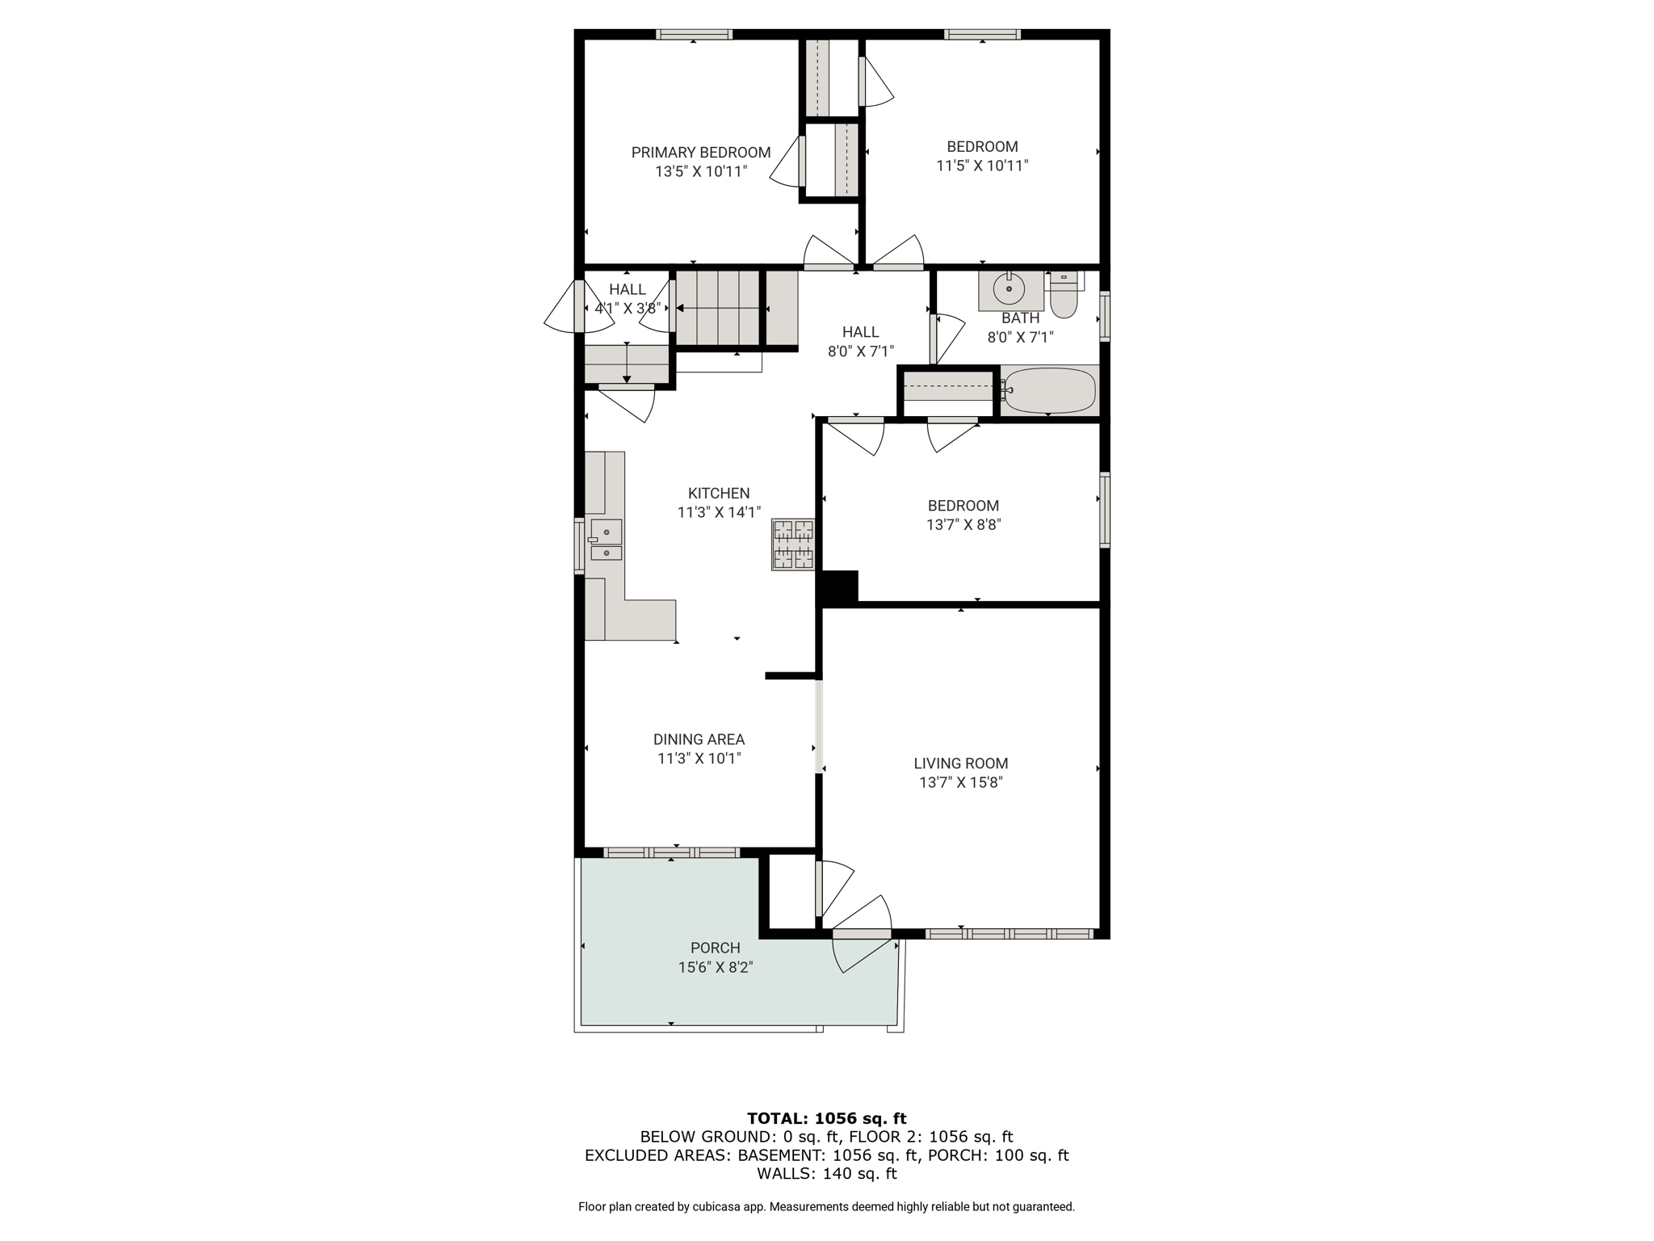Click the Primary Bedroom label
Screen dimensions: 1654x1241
[x=700, y=153]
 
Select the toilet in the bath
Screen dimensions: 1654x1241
[x=1064, y=295]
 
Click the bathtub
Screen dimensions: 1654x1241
[x=1049, y=391]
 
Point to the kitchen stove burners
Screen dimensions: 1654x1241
[x=793, y=545]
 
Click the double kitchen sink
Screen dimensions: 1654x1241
[x=605, y=541]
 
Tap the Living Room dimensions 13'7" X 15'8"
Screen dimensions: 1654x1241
[x=961, y=782]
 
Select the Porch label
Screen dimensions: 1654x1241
[x=716, y=948]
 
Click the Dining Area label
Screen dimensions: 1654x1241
[x=699, y=739]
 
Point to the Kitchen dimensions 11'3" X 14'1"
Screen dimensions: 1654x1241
[x=719, y=512]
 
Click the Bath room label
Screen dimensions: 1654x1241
[x=1021, y=318]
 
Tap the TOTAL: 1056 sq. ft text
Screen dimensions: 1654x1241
[x=826, y=1118]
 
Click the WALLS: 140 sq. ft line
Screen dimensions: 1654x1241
[x=826, y=1174]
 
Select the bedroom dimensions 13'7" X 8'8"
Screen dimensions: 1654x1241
[x=963, y=524]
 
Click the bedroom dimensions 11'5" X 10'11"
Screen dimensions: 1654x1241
[x=982, y=166]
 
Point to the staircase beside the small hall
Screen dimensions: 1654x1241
[x=718, y=309]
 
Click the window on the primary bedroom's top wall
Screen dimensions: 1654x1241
[x=695, y=35]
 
